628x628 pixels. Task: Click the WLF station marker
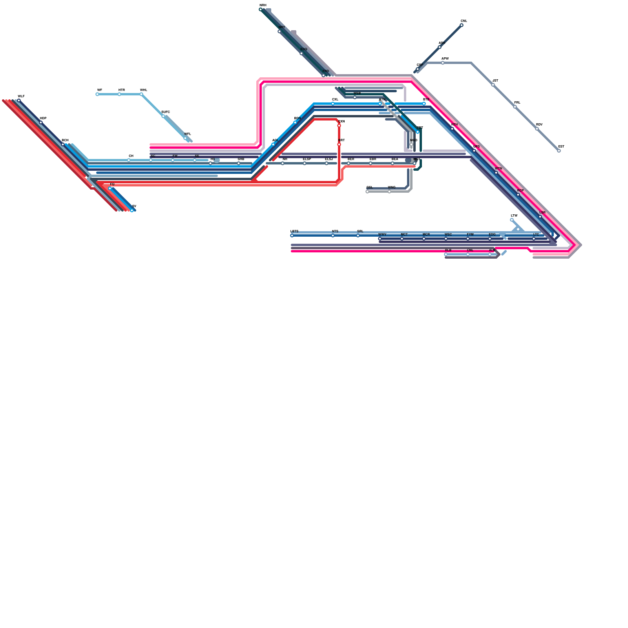pos(19,100)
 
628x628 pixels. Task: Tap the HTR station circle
pos(119,94)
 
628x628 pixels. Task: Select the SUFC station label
pos(166,112)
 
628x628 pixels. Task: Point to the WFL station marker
pos(185,138)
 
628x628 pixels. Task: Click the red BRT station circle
pos(339,144)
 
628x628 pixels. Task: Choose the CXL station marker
pos(333,104)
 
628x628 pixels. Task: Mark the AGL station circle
pos(273,144)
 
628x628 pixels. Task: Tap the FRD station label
pos(326,71)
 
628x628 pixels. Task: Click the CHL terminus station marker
pos(462,25)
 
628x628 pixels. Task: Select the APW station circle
pos(443,63)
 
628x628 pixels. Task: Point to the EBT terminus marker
pos(559,151)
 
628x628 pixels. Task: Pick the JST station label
pos(495,81)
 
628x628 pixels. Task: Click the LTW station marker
pos(512,220)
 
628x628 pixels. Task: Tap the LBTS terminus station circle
pos(292,235)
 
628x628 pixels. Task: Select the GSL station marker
pos(367,192)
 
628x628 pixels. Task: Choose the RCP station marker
pos(518,195)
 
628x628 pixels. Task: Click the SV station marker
pos(132,210)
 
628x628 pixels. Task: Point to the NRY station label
pos(282,27)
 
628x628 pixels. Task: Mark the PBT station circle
pos(418,132)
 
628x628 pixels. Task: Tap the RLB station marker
pos(446,254)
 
